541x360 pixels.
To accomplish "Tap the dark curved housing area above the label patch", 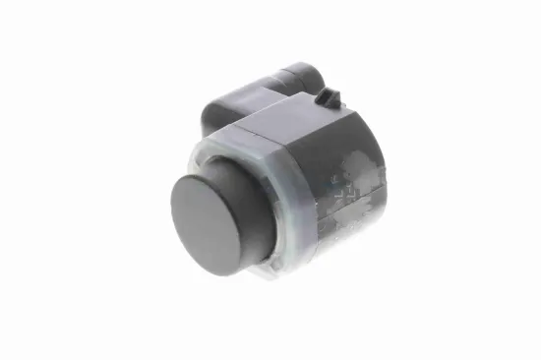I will pyautogui.click(x=344, y=148).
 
